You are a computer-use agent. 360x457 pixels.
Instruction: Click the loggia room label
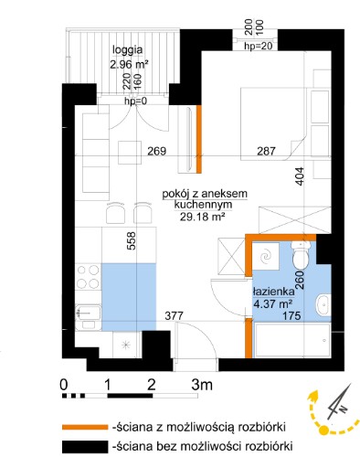(127, 50)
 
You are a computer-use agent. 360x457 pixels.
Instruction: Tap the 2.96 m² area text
(129, 65)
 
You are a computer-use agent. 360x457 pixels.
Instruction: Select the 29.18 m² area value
(202, 217)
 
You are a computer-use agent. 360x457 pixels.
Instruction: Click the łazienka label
(273, 292)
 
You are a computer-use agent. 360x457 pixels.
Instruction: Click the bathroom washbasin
(323, 305)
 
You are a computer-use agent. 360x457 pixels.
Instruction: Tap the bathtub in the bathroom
(292, 340)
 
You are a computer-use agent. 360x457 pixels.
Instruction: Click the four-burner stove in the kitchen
(88, 277)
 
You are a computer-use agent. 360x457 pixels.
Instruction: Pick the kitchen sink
(88, 317)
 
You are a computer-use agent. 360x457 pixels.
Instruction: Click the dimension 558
(131, 241)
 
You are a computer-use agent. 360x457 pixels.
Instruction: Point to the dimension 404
(300, 175)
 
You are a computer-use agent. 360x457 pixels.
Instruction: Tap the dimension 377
(174, 316)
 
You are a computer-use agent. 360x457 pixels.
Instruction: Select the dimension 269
(157, 151)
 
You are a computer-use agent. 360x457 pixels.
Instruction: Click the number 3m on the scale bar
(202, 385)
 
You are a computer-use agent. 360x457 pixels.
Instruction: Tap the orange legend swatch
(85, 427)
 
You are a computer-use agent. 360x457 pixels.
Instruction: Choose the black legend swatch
(85, 447)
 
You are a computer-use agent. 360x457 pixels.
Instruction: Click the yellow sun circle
(323, 430)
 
